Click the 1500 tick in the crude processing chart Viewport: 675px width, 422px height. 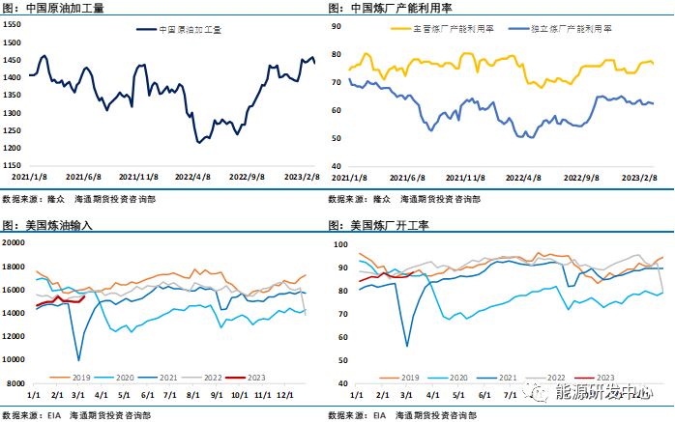click(14, 43)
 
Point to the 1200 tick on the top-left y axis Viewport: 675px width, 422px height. click(14, 148)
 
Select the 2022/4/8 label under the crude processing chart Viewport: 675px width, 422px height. click(193, 177)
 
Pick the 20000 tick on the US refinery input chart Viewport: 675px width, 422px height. click(16, 242)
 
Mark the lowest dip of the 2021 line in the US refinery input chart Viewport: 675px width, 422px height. click(78, 360)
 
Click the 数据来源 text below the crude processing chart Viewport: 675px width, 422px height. click(21, 198)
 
